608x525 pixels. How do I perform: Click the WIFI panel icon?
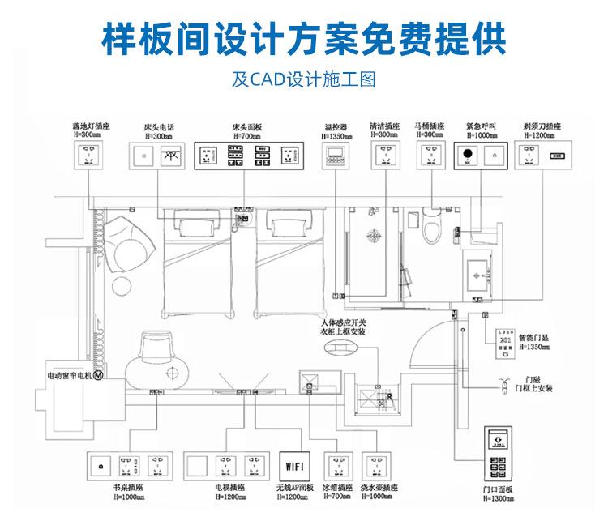coord(293,467)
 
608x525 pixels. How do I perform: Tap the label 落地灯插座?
coord(90,127)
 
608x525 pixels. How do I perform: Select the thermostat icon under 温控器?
coord(336,157)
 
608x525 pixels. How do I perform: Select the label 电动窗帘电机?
coord(70,376)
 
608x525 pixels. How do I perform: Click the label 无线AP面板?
coord(293,489)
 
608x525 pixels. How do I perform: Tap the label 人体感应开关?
coord(344,323)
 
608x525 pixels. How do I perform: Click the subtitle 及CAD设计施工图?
coord(304,80)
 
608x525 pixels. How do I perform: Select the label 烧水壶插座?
coord(380,489)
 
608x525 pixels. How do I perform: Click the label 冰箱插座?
coord(337,489)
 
